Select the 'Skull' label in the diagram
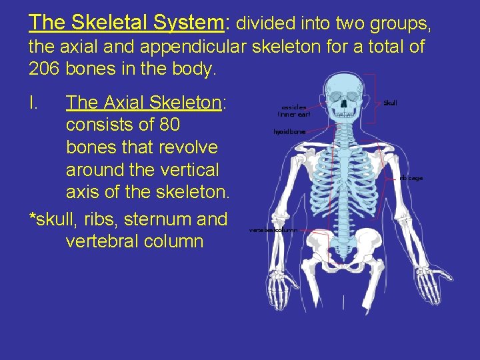tap(390, 103)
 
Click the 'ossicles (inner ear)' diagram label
tap(294, 109)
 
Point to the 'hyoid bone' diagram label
tap(289, 132)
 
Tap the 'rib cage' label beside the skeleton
tap(411, 178)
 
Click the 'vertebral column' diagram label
tap(273, 229)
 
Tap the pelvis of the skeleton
tap(344, 250)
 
